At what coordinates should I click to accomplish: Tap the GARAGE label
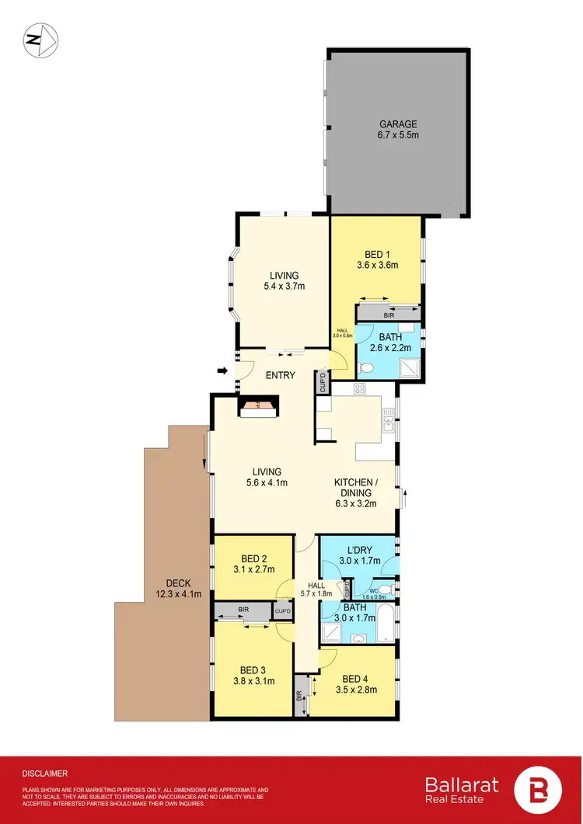coord(398,123)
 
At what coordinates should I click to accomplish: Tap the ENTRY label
coord(281,375)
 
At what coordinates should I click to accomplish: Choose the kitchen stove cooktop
coord(361,389)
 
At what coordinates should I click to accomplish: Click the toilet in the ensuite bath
coord(365,367)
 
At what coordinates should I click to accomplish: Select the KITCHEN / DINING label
coord(355,482)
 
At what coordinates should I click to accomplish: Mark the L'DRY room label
coord(359,549)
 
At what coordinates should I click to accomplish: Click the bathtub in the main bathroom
coord(386,624)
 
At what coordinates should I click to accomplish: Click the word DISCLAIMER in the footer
coord(45,774)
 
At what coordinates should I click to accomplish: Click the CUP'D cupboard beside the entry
coord(323,383)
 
